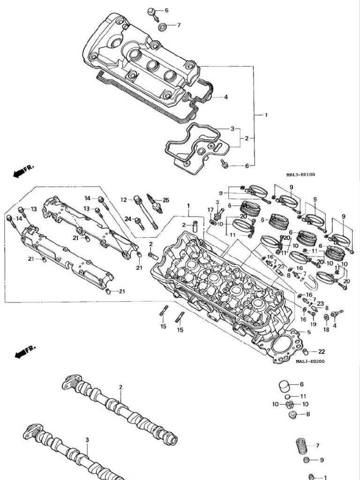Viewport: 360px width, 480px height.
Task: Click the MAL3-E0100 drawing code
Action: pos(300,175)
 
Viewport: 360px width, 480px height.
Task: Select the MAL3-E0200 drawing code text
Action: pos(310,361)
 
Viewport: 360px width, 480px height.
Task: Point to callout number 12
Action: pos(123,200)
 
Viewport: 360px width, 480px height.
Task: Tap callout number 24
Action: pos(128,218)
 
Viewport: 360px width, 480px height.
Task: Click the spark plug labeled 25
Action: pos(155,204)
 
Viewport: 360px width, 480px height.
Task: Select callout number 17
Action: pos(210,209)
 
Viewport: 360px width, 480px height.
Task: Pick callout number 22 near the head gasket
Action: pos(322,352)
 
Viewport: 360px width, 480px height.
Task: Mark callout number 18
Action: pos(326,330)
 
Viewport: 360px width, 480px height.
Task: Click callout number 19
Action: pos(313,324)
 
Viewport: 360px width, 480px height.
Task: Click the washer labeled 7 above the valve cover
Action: pos(162,26)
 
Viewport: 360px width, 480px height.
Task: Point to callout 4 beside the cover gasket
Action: pos(225,97)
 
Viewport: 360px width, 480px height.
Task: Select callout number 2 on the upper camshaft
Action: pos(120,387)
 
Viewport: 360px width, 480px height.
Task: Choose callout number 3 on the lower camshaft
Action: pos(87,440)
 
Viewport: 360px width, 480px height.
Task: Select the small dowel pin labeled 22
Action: pos(305,351)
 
